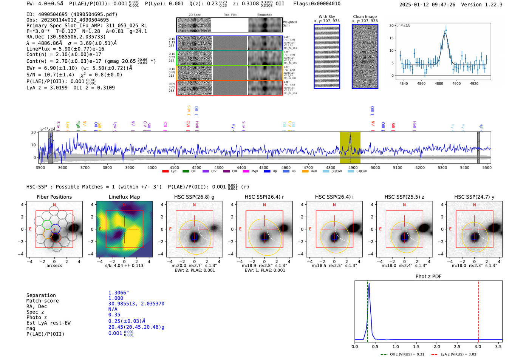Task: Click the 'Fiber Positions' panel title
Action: [x=54, y=197]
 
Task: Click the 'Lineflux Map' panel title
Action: [x=124, y=197]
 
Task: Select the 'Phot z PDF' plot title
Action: [x=428, y=277]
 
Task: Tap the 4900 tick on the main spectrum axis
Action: [x=353, y=168]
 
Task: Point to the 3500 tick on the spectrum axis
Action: [x=40, y=168]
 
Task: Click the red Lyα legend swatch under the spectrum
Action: [x=165, y=172]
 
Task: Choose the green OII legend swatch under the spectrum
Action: [x=186, y=172]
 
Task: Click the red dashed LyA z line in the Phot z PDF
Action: [x=479, y=310]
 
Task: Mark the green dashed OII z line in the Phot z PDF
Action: [x=367, y=310]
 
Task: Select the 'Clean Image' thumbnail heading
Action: [x=365, y=17]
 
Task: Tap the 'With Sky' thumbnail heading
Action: [x=326, y=17]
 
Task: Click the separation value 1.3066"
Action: [x=118, y=293]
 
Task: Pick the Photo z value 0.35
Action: [x=114, y=315]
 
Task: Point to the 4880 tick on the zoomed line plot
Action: [x=439, y=83]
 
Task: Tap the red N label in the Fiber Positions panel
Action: [x=54, y=205]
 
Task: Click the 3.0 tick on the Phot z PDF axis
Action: [x=478, y=346]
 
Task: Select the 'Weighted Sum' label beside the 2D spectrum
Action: [x=289, y=24]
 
